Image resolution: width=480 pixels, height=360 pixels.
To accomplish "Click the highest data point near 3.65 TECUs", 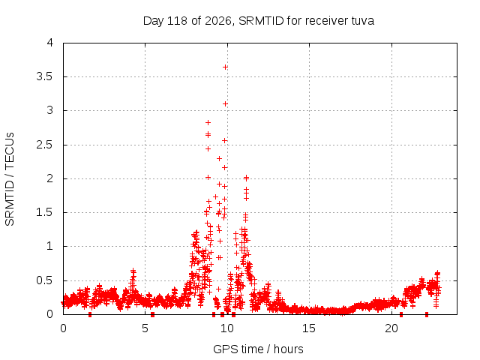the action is coord(225,67).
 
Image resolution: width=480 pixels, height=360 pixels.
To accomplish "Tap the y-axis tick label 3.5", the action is coord(45,76).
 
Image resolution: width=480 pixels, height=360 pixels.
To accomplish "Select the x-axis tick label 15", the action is coord(309,328).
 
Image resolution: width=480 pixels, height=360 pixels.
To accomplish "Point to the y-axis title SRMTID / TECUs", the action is coord(10,179).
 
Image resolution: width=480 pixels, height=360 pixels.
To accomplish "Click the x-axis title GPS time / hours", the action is coord(258,349).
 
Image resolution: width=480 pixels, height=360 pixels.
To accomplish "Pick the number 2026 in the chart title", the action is coord(217,21).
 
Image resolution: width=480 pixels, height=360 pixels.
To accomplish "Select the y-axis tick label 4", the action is coord(50,43).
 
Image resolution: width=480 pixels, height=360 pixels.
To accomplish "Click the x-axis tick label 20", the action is coord(391,328).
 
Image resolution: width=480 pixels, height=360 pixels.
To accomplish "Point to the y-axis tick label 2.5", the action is coord(45,145).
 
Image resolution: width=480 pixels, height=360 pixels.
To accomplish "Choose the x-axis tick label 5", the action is coord(145,328).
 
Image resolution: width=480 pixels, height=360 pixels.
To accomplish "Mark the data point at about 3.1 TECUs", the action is coord(225,104).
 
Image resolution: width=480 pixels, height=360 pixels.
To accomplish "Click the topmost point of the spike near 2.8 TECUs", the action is coord(208,123).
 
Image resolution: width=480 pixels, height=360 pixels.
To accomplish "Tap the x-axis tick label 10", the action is coord(226,328).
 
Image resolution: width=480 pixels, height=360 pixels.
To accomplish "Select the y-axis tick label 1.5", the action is coord(45,212).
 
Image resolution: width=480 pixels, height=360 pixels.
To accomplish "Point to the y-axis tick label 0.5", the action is coord(45,280).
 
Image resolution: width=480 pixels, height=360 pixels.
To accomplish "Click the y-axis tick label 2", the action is coord(50,178).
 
